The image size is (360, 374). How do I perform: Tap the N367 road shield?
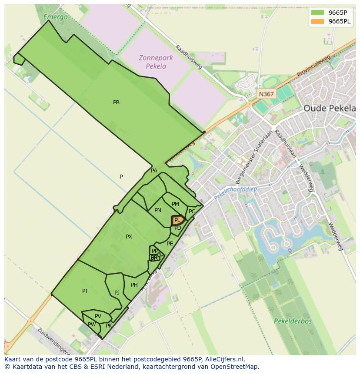click(266, 94)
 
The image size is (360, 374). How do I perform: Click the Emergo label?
click(56, 17)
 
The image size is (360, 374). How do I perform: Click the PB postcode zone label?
click(116, 103)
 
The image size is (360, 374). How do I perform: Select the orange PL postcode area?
click(178, 220)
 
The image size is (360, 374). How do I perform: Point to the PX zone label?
click(129, 237)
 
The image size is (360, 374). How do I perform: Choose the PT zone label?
click(85, 291)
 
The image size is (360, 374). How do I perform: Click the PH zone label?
click(134, 285)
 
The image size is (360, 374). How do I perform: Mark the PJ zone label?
click(117, 293)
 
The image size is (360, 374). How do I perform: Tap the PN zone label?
click(158, 210)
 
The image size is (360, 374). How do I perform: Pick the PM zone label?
click(175, 204)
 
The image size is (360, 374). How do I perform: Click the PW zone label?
click(92, 324)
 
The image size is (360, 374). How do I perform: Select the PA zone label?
click(154, 171)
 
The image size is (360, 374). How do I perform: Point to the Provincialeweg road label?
click(314, 67)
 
